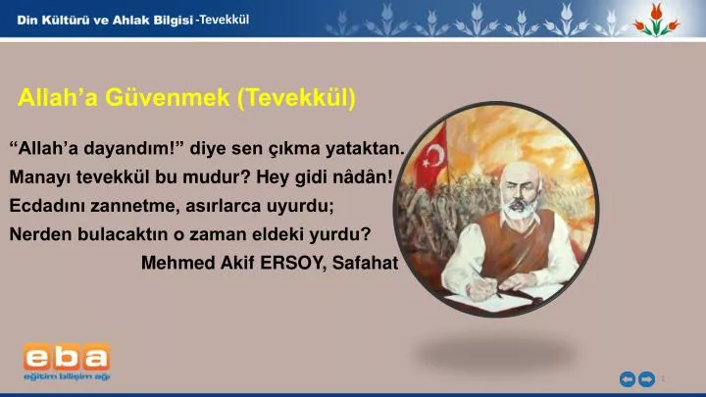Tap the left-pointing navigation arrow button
point(628,379)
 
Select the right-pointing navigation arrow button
point(647,379)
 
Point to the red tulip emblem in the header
point(656,20)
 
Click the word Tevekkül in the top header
point(225,20)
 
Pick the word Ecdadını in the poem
point(47,206)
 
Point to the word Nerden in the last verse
point(40,234)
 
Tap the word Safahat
point(365,263)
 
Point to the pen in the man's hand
point(488,283)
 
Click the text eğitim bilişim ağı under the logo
point(67,376)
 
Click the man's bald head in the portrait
point(519,174)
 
